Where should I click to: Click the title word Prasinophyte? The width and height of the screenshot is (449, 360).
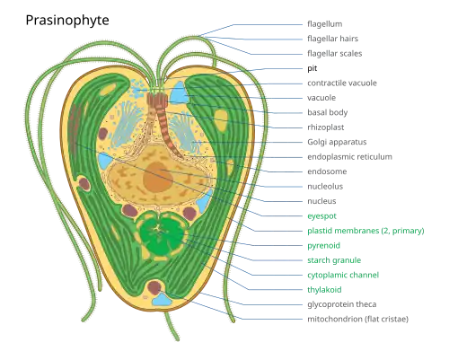coord(67,21)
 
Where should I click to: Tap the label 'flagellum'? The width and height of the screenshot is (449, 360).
coord(325,24)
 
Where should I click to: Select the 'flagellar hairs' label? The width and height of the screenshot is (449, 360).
coord(332,39)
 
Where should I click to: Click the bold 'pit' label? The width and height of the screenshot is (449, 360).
coord(313,68)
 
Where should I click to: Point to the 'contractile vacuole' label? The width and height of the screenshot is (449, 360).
coord(342,83)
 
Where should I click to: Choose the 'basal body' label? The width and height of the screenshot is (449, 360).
coord(328,113)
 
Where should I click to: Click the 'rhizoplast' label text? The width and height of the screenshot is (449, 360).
coord(326,127)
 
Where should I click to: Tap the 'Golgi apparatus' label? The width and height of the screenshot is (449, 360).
coord(337,142)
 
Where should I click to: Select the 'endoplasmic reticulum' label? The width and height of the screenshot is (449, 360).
coord(349,157)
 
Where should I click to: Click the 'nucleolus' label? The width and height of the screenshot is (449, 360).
coord(325,187)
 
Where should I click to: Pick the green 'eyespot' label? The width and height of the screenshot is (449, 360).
coord(321,216)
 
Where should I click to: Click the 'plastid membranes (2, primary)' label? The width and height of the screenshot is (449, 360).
coord(365,231)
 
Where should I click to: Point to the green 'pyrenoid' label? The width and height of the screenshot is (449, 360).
coord(324,246)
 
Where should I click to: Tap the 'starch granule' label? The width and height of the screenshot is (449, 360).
coord(334,260)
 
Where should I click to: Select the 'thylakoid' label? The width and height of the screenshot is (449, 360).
coord(324,290)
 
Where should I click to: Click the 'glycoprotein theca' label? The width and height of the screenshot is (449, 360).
coord(342,304)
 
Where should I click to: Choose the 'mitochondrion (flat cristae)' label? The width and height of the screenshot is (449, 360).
coord(358,320)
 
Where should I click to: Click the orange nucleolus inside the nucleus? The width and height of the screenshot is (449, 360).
coord(158,177)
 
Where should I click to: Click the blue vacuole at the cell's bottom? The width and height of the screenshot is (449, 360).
coord(163,300)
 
